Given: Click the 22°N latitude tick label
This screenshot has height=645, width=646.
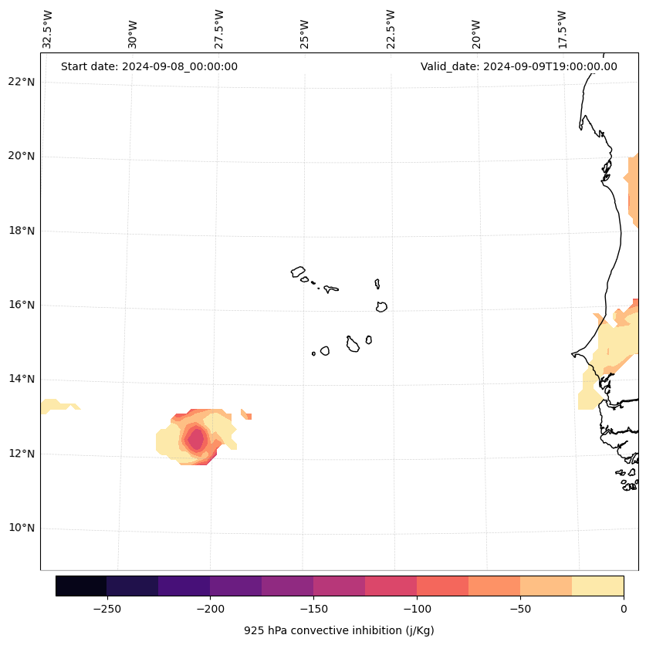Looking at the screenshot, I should (x=22, y=82).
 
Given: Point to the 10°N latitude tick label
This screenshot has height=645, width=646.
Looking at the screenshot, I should (x=22, y=528).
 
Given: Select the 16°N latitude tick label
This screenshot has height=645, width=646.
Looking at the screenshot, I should (x=22, y=305).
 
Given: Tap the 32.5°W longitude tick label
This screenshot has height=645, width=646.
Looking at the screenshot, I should (x=48, y=29).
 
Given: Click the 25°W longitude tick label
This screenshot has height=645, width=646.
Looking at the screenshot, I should (x=305, y=33).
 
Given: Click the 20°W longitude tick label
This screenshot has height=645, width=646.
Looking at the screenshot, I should (x=476, y=33).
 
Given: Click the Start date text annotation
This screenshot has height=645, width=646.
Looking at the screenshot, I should (x=149, y=66).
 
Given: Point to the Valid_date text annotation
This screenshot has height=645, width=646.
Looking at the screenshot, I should (x=519, y=66).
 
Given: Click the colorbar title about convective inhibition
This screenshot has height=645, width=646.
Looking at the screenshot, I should (x=339, y=630).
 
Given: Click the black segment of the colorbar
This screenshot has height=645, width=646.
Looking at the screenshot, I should (x=81, y=586).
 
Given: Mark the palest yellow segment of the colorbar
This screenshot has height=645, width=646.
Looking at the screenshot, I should (x=597, y=586).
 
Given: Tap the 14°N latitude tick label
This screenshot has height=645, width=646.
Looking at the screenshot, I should (x=22, y=379).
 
